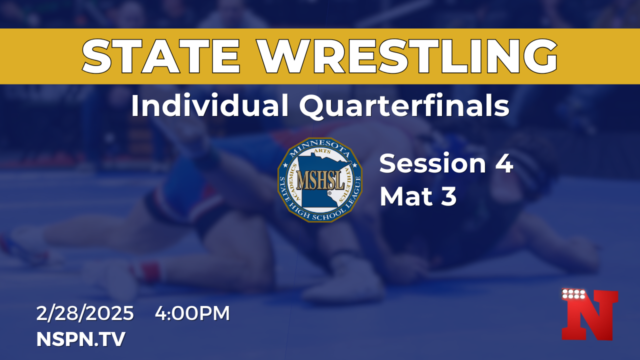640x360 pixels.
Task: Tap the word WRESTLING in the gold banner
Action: tap(407, 56)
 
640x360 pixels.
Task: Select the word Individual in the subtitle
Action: tap(209, 105)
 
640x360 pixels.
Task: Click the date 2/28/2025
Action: tap(85, 313)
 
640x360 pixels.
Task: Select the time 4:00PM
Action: tap(192, 313)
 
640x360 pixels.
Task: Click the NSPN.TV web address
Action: tap(81, 339)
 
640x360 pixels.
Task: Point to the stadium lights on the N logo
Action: tap(573, 294)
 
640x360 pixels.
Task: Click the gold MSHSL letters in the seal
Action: tap(320, 180)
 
